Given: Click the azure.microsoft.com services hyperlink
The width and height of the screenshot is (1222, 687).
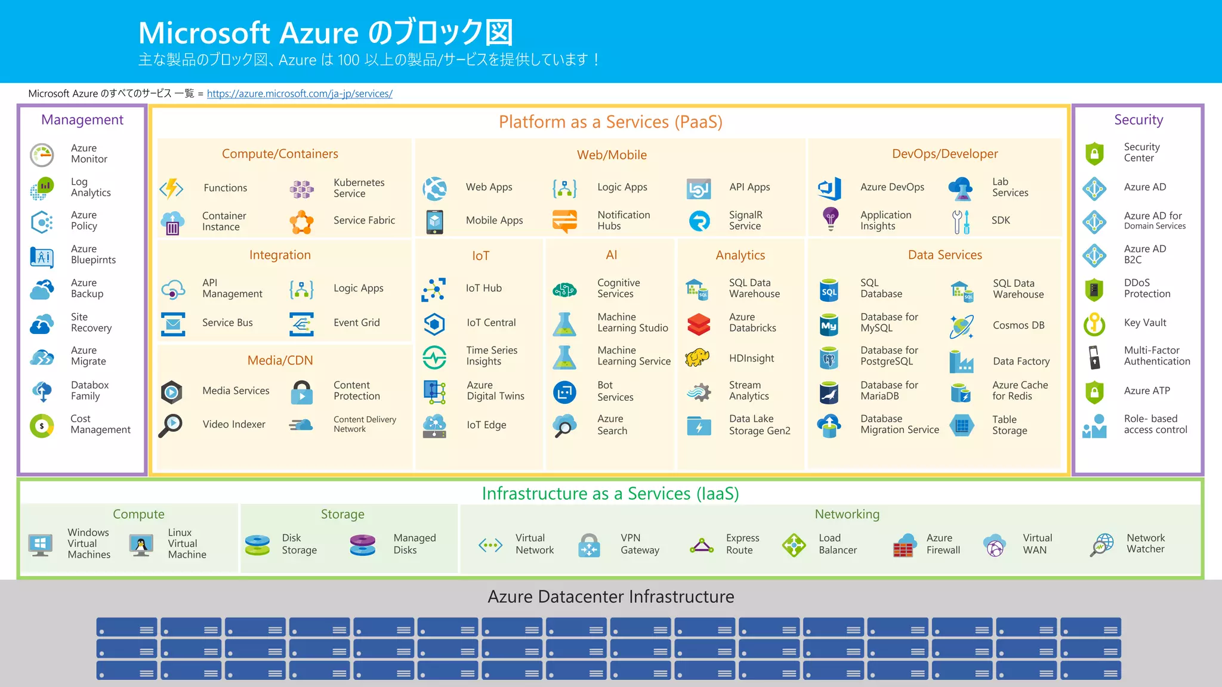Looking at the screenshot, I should click(x=300, y=94).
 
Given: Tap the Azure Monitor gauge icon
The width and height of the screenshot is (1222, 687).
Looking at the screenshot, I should click(x=42, y=154).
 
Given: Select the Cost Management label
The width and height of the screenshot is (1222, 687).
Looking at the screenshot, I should click(x=100, y=424).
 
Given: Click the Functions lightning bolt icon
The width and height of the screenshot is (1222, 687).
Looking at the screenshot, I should click(x=172, y=188).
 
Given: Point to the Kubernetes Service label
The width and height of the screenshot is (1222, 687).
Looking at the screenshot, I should click(x=359, y=188).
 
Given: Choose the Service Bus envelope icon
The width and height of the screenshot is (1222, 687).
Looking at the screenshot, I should click(x=173, y=324).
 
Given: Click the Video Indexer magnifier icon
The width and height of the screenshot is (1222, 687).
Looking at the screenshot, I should click(x=171, y=425).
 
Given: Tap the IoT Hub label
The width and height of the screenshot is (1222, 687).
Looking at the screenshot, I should click(x=483, y=288).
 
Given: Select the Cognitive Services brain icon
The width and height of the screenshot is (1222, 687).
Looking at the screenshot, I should click(x=564, y=290).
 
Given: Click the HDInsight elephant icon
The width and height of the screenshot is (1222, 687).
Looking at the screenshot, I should click(x=698, y=358).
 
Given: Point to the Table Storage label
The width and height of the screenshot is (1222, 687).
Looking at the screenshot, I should click(x=1010, y=425).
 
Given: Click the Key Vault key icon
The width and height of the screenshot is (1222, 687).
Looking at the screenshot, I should click(x=1094, y=324).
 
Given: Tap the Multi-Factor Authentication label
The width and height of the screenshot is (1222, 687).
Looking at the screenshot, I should click(x=1156, y=356).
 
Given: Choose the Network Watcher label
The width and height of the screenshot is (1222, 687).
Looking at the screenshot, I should click(x=1145, y=543).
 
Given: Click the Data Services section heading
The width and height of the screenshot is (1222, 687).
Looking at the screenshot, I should click(x=945, y=255).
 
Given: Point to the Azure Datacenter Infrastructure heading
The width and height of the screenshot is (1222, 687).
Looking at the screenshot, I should click(x=610, y=597).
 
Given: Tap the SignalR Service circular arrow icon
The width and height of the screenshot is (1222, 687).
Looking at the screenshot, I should click(x=699, y=221).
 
